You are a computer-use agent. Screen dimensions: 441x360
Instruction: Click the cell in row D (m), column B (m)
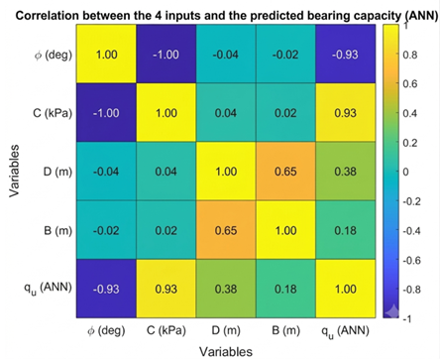(285, 172)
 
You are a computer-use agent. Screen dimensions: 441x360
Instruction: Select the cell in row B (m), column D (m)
(226, 230)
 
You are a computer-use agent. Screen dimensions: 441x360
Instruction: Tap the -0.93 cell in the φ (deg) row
(346, 54)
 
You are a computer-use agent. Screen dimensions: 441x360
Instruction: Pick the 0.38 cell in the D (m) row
(346, 172)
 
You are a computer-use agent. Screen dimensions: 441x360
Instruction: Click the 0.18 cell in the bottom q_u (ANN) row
(285, 289)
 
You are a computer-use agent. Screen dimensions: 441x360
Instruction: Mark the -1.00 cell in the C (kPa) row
(106, 113)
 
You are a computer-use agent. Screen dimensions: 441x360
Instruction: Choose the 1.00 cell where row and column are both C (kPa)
(166, 113)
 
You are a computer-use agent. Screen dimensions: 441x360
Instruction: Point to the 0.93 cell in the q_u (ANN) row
(166, 289)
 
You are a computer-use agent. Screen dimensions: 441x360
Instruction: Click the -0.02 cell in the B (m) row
(106, 230)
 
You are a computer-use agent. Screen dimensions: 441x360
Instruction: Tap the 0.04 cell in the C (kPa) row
(226, 113)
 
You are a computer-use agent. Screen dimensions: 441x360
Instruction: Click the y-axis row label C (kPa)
(53, 113)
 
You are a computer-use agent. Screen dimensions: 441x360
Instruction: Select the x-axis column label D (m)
(226, 330)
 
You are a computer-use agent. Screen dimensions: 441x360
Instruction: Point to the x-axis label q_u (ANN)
(345, 331)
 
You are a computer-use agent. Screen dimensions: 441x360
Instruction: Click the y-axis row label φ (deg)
(54, 55)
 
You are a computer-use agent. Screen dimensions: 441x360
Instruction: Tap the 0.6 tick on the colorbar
(410, 83)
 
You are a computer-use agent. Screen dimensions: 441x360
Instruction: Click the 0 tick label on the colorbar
(405, 172)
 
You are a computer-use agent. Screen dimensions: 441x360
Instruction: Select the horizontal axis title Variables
(226, 352)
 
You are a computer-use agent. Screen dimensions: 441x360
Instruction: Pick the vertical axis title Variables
(14, 171)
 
